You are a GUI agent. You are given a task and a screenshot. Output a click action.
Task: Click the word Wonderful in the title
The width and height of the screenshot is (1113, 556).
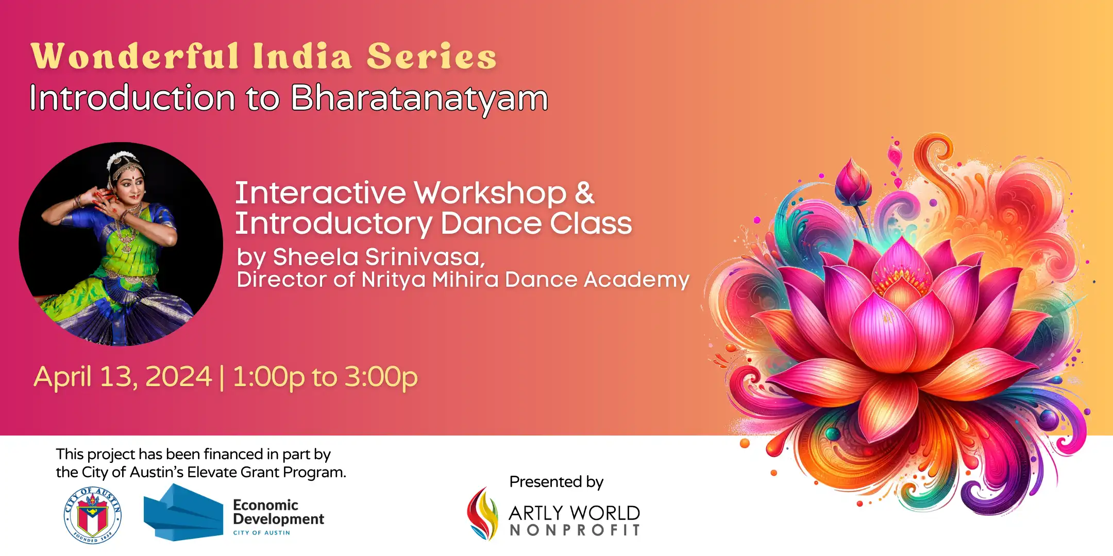click(x=135, y=56)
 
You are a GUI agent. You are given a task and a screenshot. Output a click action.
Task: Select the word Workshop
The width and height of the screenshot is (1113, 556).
click(x=490, y=193)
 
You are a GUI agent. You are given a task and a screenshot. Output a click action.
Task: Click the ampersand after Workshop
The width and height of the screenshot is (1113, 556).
click(x=584, y=193)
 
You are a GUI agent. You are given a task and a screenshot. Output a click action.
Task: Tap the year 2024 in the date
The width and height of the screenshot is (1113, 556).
click(x=179, y=376)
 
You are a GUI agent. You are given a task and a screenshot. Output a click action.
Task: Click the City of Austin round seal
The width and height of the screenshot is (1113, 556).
click(x=92, y=515)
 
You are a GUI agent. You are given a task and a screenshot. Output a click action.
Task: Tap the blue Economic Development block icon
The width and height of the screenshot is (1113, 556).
click(x=183, y=512)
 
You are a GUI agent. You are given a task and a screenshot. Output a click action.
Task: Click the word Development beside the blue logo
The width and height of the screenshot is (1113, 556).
click(x=279, y=519)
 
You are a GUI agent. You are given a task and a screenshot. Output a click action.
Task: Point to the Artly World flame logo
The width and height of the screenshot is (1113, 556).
click(x=482, y=514)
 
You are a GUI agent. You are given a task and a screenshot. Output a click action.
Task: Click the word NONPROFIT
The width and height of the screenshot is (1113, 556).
click(x=575, y=530)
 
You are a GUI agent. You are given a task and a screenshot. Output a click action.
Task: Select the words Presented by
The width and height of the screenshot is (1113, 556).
click(x=556, y=482)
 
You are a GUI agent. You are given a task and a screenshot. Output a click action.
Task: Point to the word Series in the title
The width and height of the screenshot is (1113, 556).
click(x=432, y=56)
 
